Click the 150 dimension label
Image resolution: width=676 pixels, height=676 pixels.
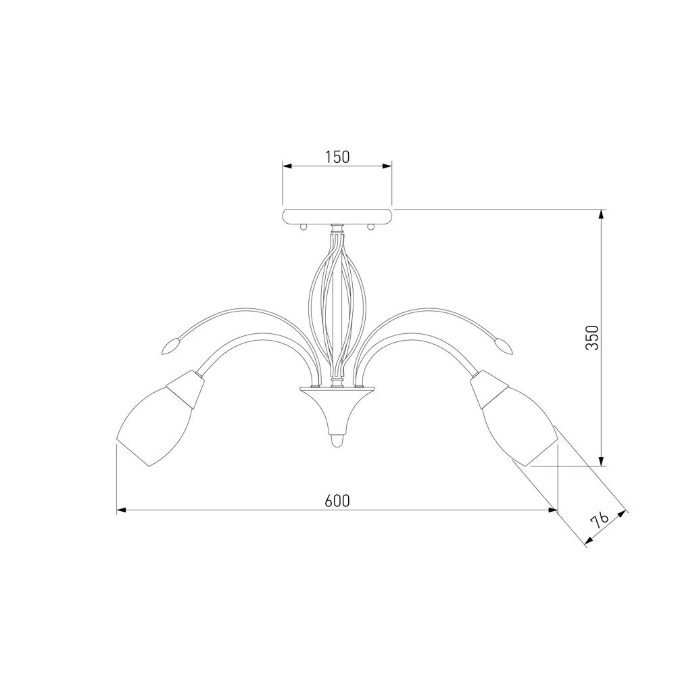coord(337,158)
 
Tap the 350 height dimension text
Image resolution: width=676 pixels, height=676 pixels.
coord(592,338)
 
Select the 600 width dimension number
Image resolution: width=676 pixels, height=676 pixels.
coord(337,501)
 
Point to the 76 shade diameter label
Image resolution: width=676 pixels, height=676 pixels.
coord(600,521)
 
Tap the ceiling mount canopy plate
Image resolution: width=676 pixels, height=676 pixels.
coord(337,216)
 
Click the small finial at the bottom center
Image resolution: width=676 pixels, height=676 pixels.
coord(337,441)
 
